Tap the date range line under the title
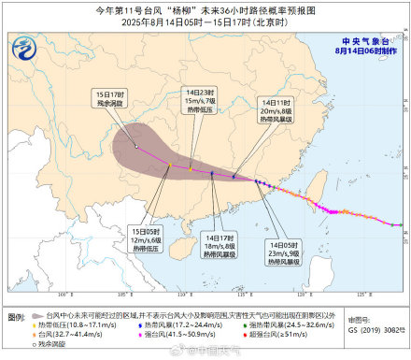[x=205, y=22]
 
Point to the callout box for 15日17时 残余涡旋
[x=105, y=99]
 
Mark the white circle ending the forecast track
[x=135, y=147]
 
